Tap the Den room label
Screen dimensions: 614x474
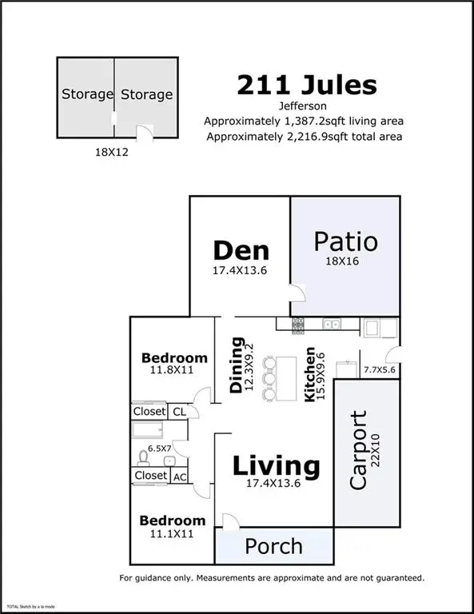[x=241, y=251]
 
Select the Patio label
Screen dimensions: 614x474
[x=345, y=241]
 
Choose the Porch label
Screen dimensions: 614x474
[x=273, y=547]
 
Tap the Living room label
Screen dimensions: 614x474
[x=277, y=465]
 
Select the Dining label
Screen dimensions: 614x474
[x=237, y=365]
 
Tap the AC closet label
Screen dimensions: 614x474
[x=180, y=476]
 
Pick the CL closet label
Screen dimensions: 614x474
[x=180, y=411]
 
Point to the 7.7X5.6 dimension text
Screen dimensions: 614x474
[x=380, y=370]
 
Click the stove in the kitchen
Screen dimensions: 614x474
[x=297, y=325]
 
